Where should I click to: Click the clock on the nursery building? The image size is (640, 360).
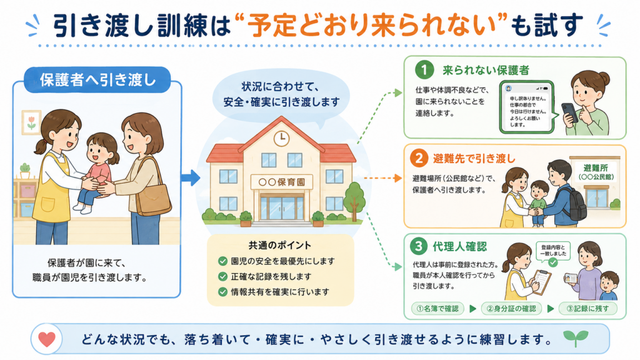click(x=281, y=138)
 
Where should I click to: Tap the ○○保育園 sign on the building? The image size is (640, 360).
click(x=282, y=182)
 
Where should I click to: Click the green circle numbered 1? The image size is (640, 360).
click(x=424, y=70)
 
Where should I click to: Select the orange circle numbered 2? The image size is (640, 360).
click(x=419, y=158)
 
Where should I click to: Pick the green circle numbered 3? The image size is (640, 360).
click(x=418, y=246)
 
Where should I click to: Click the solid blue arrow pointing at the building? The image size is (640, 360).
click(x=190, y=177)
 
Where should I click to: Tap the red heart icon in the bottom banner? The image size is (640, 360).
click(x=46, y=339)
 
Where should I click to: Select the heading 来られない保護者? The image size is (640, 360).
click(x=486, y=70)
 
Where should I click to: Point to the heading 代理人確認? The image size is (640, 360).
click(x=459, y=246)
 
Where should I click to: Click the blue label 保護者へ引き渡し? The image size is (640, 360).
click(x=97, y=79)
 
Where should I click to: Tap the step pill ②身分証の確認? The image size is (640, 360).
click(x=512, y=309)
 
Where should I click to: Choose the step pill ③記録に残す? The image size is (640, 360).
click(x=587, y=309)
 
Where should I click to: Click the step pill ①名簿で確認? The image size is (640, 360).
click(x=437, y=309)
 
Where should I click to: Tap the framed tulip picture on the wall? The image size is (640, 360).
click(x=31, y=122)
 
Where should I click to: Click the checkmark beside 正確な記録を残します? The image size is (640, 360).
click(x=222, y=276)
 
